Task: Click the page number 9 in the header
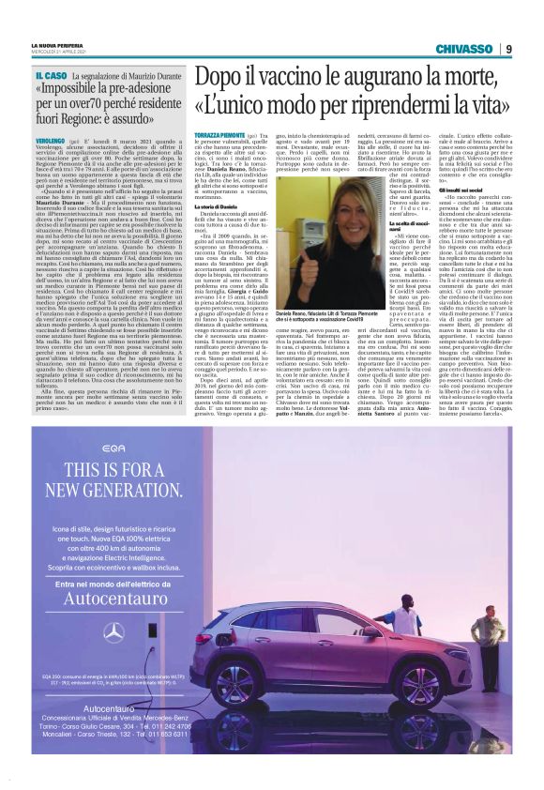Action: (508, 49)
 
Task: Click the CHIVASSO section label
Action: (463, 49)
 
